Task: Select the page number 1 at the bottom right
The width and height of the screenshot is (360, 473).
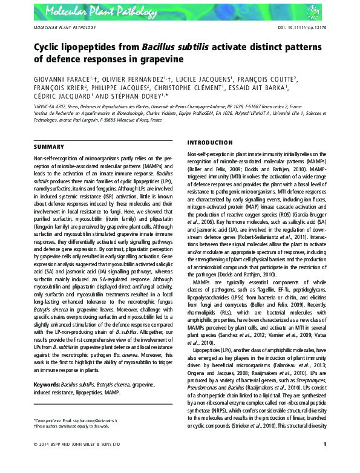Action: (x=325, y=462)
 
